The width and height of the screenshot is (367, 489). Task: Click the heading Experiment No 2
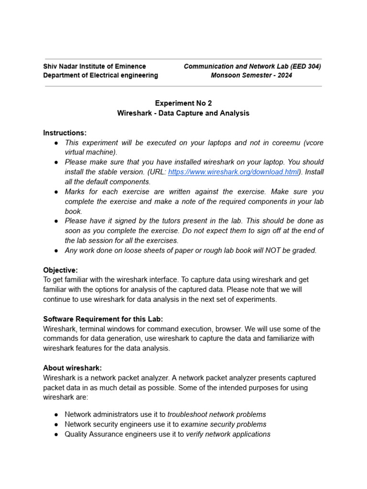click(x=183, y=103)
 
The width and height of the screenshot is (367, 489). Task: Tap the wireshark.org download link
click(x=233, y=172)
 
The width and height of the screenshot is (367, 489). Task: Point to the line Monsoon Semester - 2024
click(x=252, y=75)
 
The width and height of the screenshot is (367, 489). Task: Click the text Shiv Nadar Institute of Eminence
click(x=95, y=66)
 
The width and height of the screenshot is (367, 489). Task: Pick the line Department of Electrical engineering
click(x=100, y=75)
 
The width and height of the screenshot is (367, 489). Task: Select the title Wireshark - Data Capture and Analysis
click(x=183, y=113)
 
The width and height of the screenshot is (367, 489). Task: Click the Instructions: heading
click(x=65, y=133)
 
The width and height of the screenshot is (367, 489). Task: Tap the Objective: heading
click(x=60, y=270)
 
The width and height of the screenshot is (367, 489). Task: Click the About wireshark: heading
click(x=73, y=368)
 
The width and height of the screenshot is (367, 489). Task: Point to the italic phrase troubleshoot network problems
click(x=216, y=415)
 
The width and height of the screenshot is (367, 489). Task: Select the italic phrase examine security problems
click(x=223, y=424)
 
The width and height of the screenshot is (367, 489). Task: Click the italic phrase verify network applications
click(x=228, y=434)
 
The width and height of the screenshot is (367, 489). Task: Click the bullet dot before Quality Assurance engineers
click(x=56, y=434)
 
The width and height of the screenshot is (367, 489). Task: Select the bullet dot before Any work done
click(x=56, y=251)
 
